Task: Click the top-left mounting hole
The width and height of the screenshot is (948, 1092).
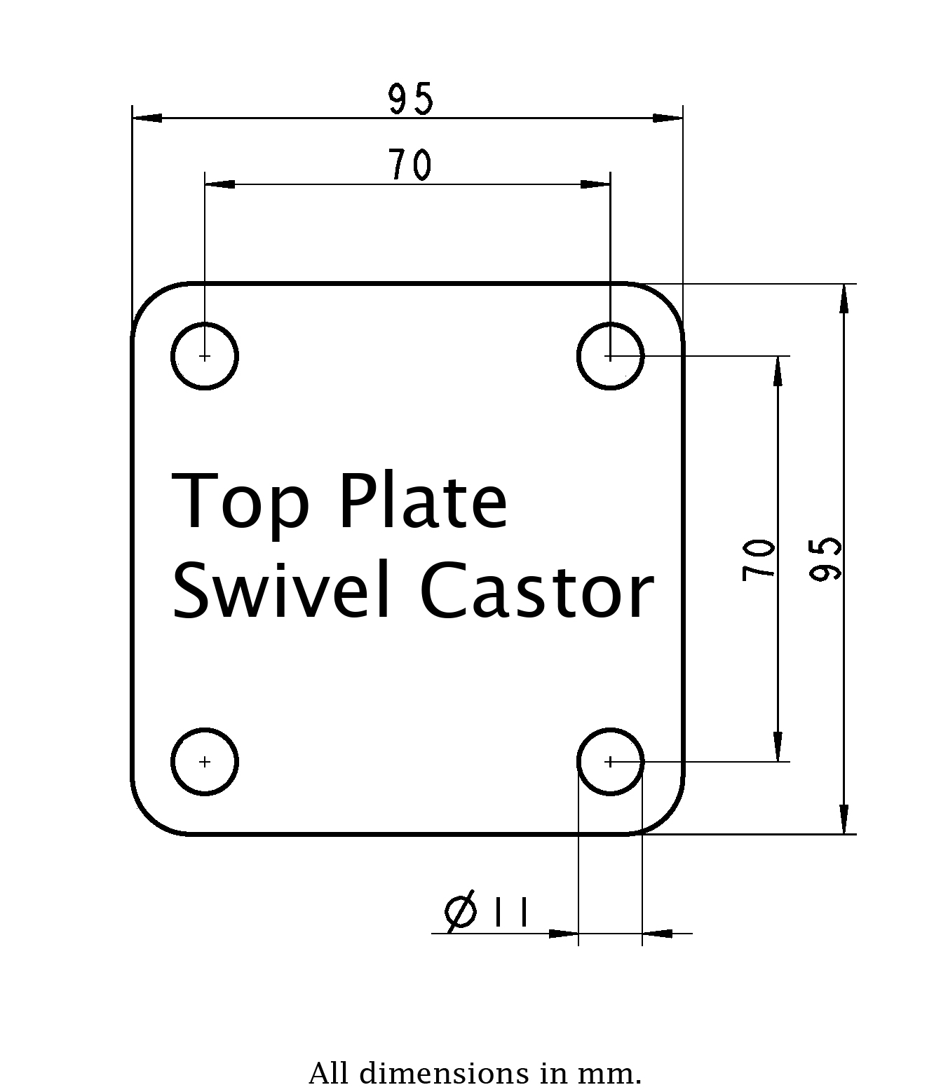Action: click(205, 356)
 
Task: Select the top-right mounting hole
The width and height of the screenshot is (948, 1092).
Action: click(610, 356)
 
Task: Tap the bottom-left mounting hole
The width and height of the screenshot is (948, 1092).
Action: click(205, 761)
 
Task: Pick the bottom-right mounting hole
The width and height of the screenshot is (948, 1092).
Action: click(610, 761)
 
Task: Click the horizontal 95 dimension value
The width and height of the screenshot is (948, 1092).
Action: click(412, 99)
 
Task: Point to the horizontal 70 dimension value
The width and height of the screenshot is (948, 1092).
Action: click(410, 165)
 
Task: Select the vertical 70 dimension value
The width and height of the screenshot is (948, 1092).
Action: click(759, 559)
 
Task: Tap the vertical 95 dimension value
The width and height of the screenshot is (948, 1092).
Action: click(825, 559)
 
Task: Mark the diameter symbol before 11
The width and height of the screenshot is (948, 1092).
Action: click(461, 912)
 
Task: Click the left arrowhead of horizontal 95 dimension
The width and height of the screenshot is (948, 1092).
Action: click(147, 118)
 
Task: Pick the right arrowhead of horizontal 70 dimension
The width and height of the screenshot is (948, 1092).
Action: click(595, 184)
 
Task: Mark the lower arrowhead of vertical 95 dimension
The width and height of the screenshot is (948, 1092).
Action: click(844, 819)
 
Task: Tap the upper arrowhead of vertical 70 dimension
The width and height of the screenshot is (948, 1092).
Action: click(778, 371)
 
